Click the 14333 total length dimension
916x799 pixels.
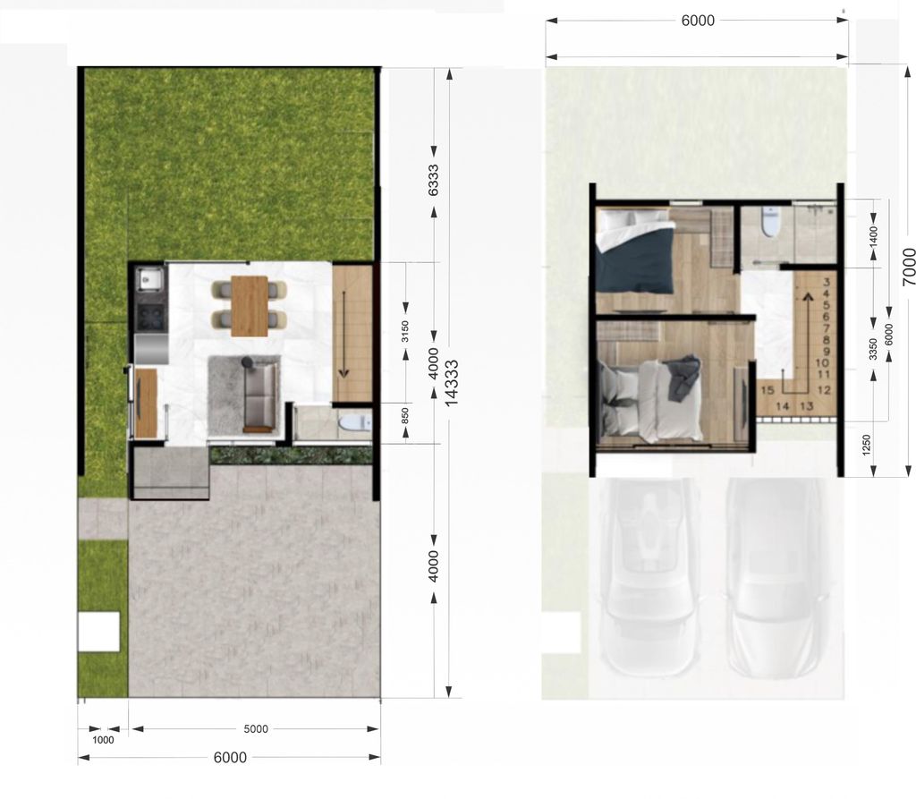click(452, 382)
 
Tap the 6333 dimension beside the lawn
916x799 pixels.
click(434, 180)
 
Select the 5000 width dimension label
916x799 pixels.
click(256, 729)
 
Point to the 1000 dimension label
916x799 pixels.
click(104, 740)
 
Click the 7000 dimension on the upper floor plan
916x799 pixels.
click(909, 267)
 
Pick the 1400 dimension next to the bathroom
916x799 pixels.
click(874, 236)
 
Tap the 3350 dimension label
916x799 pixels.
click(873, 349)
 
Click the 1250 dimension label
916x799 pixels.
click(866, 445)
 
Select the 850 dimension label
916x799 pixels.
click(405, 416)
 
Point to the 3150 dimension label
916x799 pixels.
click(405, 331)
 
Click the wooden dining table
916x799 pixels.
click(250, 306)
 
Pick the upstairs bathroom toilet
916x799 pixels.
click(770, 223)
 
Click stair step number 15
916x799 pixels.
click(768, 390)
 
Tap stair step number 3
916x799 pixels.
click(826, 282)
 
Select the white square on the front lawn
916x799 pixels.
click(99, 632)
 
